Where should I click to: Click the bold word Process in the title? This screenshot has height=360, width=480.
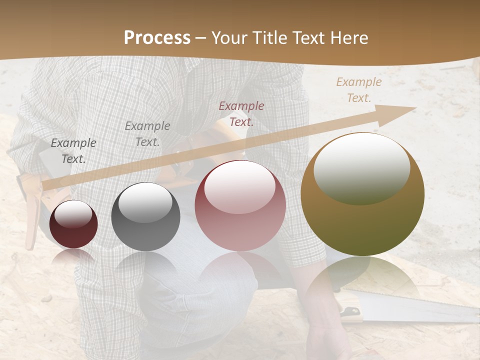click(x=157, y=38)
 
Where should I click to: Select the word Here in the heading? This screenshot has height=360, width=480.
click(x=348, y=38)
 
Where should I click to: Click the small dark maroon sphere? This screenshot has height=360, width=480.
click(x=73, y=224)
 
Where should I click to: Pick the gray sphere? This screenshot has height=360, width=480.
click(x=145, y=216)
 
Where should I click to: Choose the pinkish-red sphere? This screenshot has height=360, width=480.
click(x=240, y=205)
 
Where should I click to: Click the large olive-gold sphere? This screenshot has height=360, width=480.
click(x=362, y=194)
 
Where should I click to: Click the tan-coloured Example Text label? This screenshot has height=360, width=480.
click(x=359, y=90)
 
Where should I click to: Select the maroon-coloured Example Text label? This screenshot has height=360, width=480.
click(x=241, y=113)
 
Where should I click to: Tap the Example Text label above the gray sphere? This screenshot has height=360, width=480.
click(x=147, y=133)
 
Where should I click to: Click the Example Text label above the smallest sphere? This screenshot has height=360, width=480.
click(x=73, y=150)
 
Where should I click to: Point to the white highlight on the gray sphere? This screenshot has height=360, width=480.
click(x=145, y=202)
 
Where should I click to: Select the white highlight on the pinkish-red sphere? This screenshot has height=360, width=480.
click(x=240, y=186)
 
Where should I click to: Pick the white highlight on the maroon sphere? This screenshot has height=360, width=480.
click(x=73, y=214)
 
